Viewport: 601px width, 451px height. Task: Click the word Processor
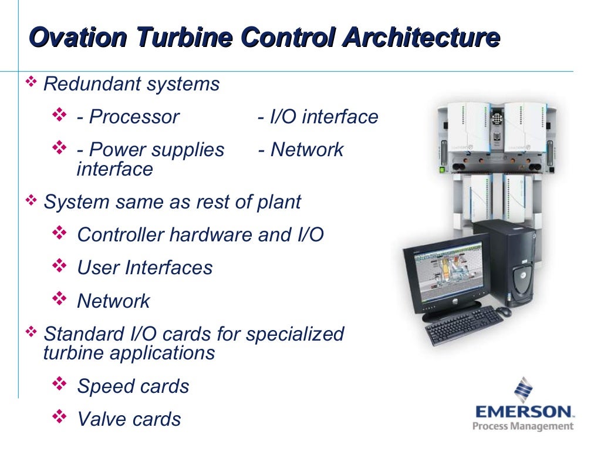[134, 117]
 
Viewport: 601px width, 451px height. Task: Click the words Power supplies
[157, 150]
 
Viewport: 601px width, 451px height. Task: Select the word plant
[279, 202]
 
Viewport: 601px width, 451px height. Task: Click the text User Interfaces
[145, 268]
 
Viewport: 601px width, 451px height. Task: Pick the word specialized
[295, 334]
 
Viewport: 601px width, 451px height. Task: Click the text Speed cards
[133, 386]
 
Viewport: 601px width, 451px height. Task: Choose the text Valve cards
[129, 419]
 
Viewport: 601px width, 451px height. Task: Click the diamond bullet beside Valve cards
[60, 418]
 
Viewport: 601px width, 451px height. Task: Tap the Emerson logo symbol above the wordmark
[523, 388]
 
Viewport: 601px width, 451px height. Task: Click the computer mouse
[503, 311]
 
